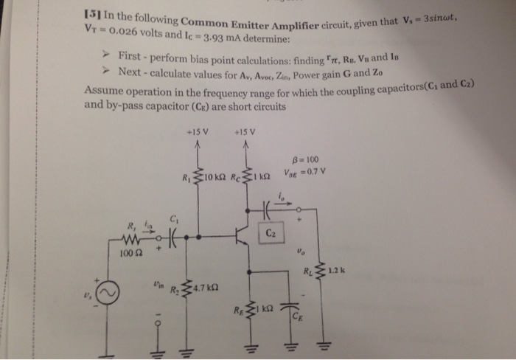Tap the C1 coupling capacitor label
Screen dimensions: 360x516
(174, 218)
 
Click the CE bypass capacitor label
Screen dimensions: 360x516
(298, 319)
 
